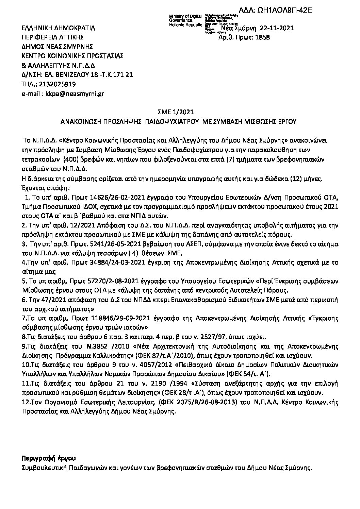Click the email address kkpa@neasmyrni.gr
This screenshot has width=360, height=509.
[72, 94]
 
